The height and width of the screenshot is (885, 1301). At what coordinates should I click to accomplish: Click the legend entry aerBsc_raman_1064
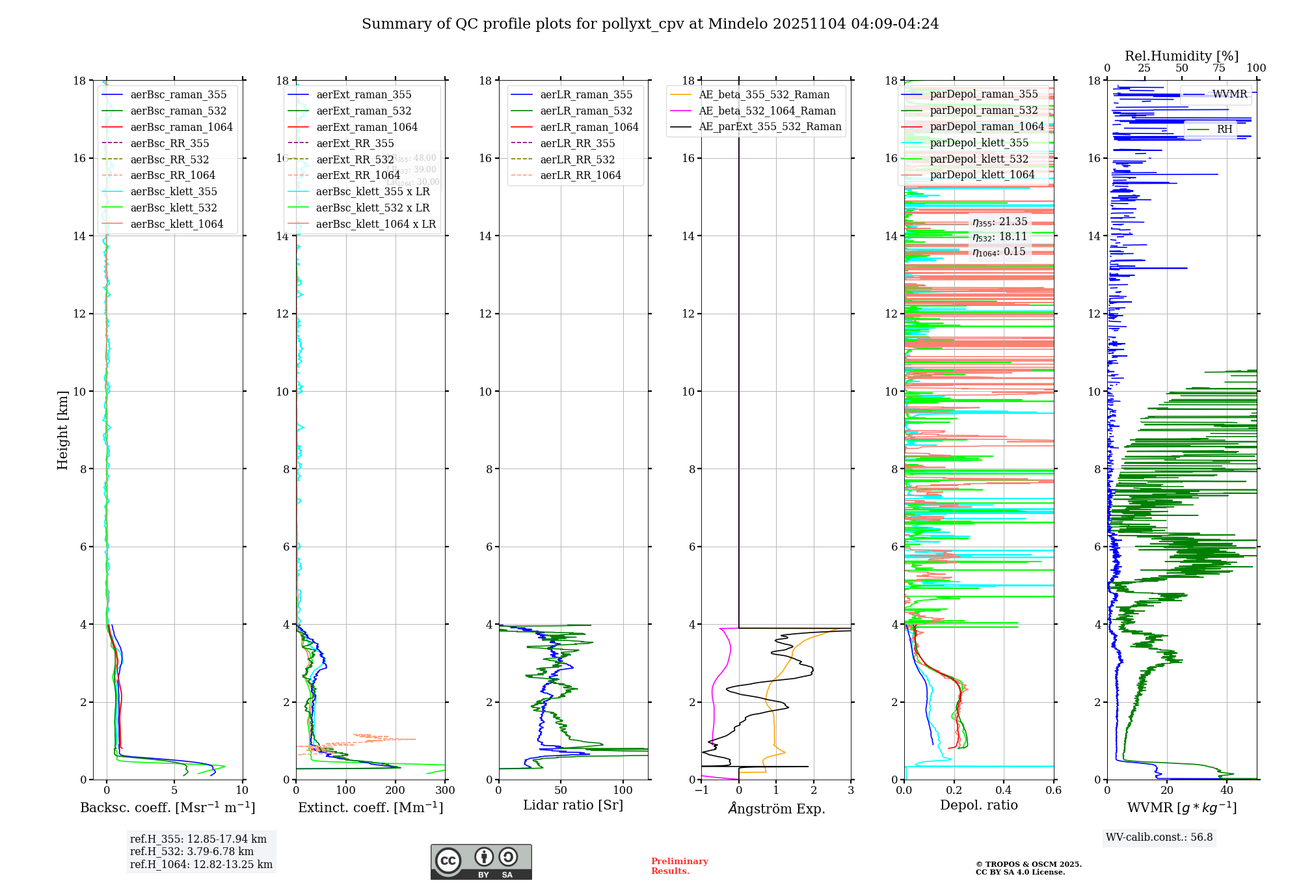181,127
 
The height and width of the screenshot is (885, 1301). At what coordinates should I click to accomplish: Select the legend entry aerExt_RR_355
355,143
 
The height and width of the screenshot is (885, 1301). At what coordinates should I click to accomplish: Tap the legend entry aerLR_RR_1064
580,175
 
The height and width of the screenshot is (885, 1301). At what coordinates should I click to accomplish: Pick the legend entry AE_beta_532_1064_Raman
767,111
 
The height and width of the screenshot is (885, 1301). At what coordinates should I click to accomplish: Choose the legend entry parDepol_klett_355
978,143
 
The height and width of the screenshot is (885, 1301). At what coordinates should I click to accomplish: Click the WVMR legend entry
1229,94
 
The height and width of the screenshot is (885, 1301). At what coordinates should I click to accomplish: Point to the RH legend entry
1224,129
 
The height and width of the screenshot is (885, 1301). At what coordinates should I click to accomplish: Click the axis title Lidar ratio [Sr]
572,805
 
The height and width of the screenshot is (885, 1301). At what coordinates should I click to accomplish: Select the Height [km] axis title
62,429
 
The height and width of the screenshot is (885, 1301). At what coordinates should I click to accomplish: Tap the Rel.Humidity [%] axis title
1181,56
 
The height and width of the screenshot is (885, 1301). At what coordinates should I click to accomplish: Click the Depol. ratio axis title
978,805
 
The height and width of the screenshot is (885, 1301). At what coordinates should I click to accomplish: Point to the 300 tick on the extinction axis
445,791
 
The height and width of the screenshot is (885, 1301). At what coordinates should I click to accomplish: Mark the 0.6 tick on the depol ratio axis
1053,791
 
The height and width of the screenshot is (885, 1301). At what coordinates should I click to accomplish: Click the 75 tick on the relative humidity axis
1219,68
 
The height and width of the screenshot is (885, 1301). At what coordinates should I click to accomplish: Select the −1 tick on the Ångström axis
701,791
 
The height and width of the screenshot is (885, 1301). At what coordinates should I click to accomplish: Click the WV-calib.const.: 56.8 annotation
1159,837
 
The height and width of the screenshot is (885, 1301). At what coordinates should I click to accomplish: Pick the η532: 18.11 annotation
999,237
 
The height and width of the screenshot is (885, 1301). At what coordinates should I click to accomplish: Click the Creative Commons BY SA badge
481,862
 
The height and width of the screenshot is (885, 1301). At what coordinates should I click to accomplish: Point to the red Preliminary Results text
679,865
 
